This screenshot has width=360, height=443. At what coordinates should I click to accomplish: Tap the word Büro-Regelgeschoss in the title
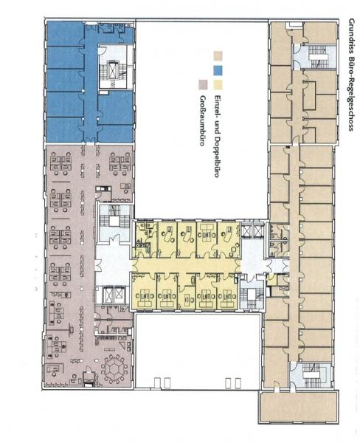(351, 89)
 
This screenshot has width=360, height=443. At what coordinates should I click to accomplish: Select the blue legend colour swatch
(218, 70)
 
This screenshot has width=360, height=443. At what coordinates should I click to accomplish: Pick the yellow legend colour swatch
(218, 85)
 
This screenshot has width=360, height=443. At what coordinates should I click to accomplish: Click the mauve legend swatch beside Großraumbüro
(203, 85)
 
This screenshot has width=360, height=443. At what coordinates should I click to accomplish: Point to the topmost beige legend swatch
(218, 56)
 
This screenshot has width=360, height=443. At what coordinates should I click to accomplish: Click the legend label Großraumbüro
(202, 120)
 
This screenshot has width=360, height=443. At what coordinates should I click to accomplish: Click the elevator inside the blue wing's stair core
(113, 69)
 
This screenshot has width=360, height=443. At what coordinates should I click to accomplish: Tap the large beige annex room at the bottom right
(298, 407)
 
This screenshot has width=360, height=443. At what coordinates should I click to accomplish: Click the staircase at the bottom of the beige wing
(315, 375)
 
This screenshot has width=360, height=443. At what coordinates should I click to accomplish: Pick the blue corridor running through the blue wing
(91, 85)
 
